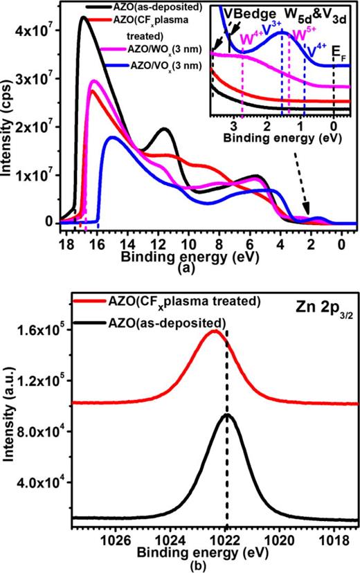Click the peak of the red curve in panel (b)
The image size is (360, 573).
click(215, 331)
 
